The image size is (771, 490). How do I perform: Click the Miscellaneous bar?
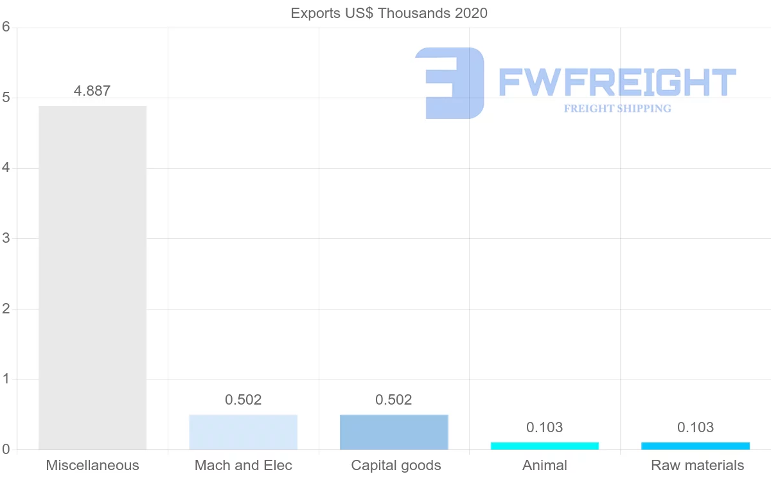click(93, 277)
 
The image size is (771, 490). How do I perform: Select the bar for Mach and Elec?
click(243, 432)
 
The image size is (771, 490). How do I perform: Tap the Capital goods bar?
click(394, 432)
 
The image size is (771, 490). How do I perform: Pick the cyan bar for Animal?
click(544, 446)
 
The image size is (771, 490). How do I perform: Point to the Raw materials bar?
click(695, 446)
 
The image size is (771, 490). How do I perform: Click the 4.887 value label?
click(92, 91)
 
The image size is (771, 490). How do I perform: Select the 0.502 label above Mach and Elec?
click(243, 399)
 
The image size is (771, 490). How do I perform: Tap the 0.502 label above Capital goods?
click(394, 399)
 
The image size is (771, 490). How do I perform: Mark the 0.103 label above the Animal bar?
click(544, 427)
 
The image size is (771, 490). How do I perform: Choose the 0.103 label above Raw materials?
click(695, 427)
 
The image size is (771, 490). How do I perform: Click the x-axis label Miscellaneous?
click(93, 466)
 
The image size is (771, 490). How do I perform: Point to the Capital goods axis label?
click(396, 466)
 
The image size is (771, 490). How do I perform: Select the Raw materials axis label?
click(697, 466)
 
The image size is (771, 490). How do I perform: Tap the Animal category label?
click(545, 466)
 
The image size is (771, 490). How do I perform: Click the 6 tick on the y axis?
click(6, 27)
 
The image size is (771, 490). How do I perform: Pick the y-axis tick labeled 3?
click(6, 238)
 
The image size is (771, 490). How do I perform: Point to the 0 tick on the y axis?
click(6, 450)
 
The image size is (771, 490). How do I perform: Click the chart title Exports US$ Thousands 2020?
click(389, 13)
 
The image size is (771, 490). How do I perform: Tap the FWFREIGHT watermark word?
click(617, 82)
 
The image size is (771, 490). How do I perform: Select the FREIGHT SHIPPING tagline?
click(617, 109)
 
